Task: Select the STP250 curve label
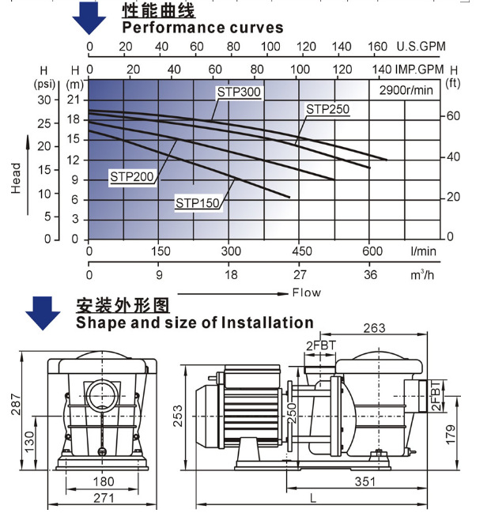pos(327,108)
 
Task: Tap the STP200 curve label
pos(131,175)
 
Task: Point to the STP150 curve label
pos(198,203)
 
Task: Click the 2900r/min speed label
pos(405,90)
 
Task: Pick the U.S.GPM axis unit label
pos(420,47)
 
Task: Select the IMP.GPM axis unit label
pos(420,69)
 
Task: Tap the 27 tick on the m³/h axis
pos(300,275)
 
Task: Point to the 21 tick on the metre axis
pos(74,100)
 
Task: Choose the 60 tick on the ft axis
pos(454,115)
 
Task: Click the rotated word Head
pos(17,179)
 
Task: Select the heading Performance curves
pos(202,28)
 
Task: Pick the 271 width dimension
pos(104,498)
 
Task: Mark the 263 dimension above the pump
pos(376,329)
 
